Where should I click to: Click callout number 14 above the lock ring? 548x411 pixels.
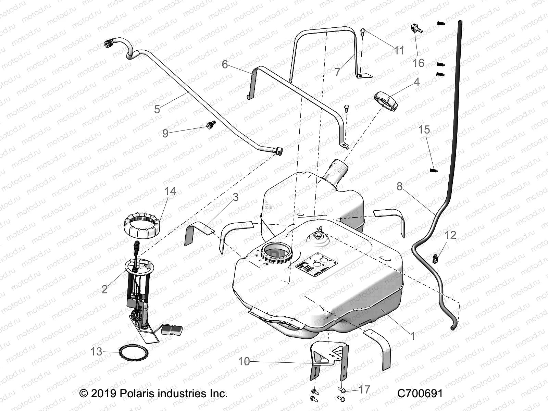(x=170, y=191)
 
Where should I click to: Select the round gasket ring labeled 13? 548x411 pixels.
(x=133, y=352)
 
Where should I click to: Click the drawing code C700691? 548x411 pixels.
(x=420, y=393)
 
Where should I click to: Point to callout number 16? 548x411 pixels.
(x=418, y=63)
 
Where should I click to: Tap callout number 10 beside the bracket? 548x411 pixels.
(x=244, y=361)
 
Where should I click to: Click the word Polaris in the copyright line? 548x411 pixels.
(x=137, y=393)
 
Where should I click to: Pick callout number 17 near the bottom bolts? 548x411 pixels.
(x=365, y=389)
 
